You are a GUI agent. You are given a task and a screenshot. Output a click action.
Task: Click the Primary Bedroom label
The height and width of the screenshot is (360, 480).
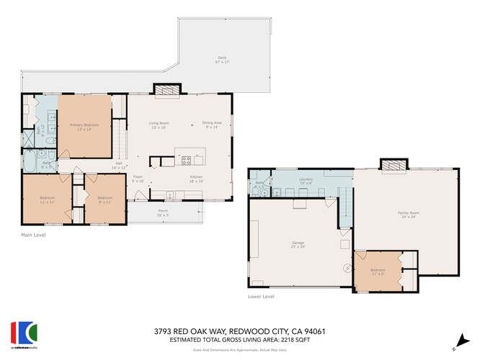click(x=84, y=125)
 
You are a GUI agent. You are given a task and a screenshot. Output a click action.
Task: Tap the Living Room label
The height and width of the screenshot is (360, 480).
click(x=158, y=123)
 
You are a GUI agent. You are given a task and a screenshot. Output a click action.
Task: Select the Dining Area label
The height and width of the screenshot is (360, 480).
click(x=212, y=123)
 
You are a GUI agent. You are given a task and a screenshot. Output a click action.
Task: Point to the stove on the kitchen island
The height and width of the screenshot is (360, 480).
click(x=186, y=160)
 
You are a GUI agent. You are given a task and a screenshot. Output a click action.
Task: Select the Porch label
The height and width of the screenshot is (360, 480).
click(x=163, y=212)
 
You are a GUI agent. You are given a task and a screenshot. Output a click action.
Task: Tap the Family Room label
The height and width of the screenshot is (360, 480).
click(x=408, y=212)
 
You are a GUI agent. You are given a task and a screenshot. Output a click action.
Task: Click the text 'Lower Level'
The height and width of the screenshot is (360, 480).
click(x=260, y=296)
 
